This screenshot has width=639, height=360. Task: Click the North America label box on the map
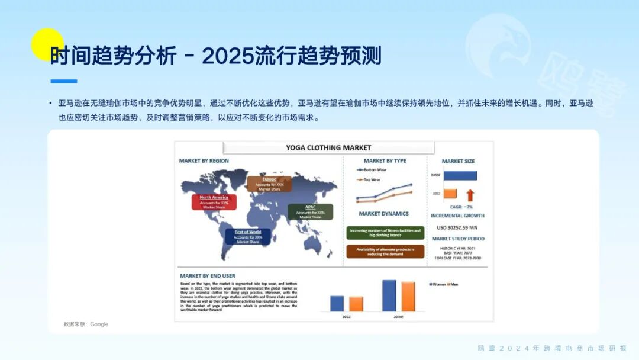click(214, 202)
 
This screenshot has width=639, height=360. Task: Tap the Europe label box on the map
click(269, 184)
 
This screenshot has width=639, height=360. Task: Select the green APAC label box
click(311, 212)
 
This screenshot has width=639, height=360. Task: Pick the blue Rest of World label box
click(247, 237)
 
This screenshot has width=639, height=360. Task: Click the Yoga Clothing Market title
click(328, 147)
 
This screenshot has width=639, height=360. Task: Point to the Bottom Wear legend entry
click(373, 170)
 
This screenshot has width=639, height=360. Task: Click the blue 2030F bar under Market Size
click(460, 175)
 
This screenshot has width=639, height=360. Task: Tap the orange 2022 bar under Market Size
click(450, 194)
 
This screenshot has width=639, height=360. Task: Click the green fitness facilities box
click(385, 233)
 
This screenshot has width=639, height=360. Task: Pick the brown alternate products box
click(385, 252)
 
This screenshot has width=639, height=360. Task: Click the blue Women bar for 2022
click(337, 304)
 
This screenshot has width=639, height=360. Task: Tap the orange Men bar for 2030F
click(408, 296)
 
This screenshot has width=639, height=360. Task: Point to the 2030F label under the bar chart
click(399, 317)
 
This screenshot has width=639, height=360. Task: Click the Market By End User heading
click(208, 276)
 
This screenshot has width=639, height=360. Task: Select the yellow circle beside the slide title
click(47, 44)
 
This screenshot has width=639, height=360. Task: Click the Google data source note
click(86, 324)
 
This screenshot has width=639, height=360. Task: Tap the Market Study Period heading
click(458, 239)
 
